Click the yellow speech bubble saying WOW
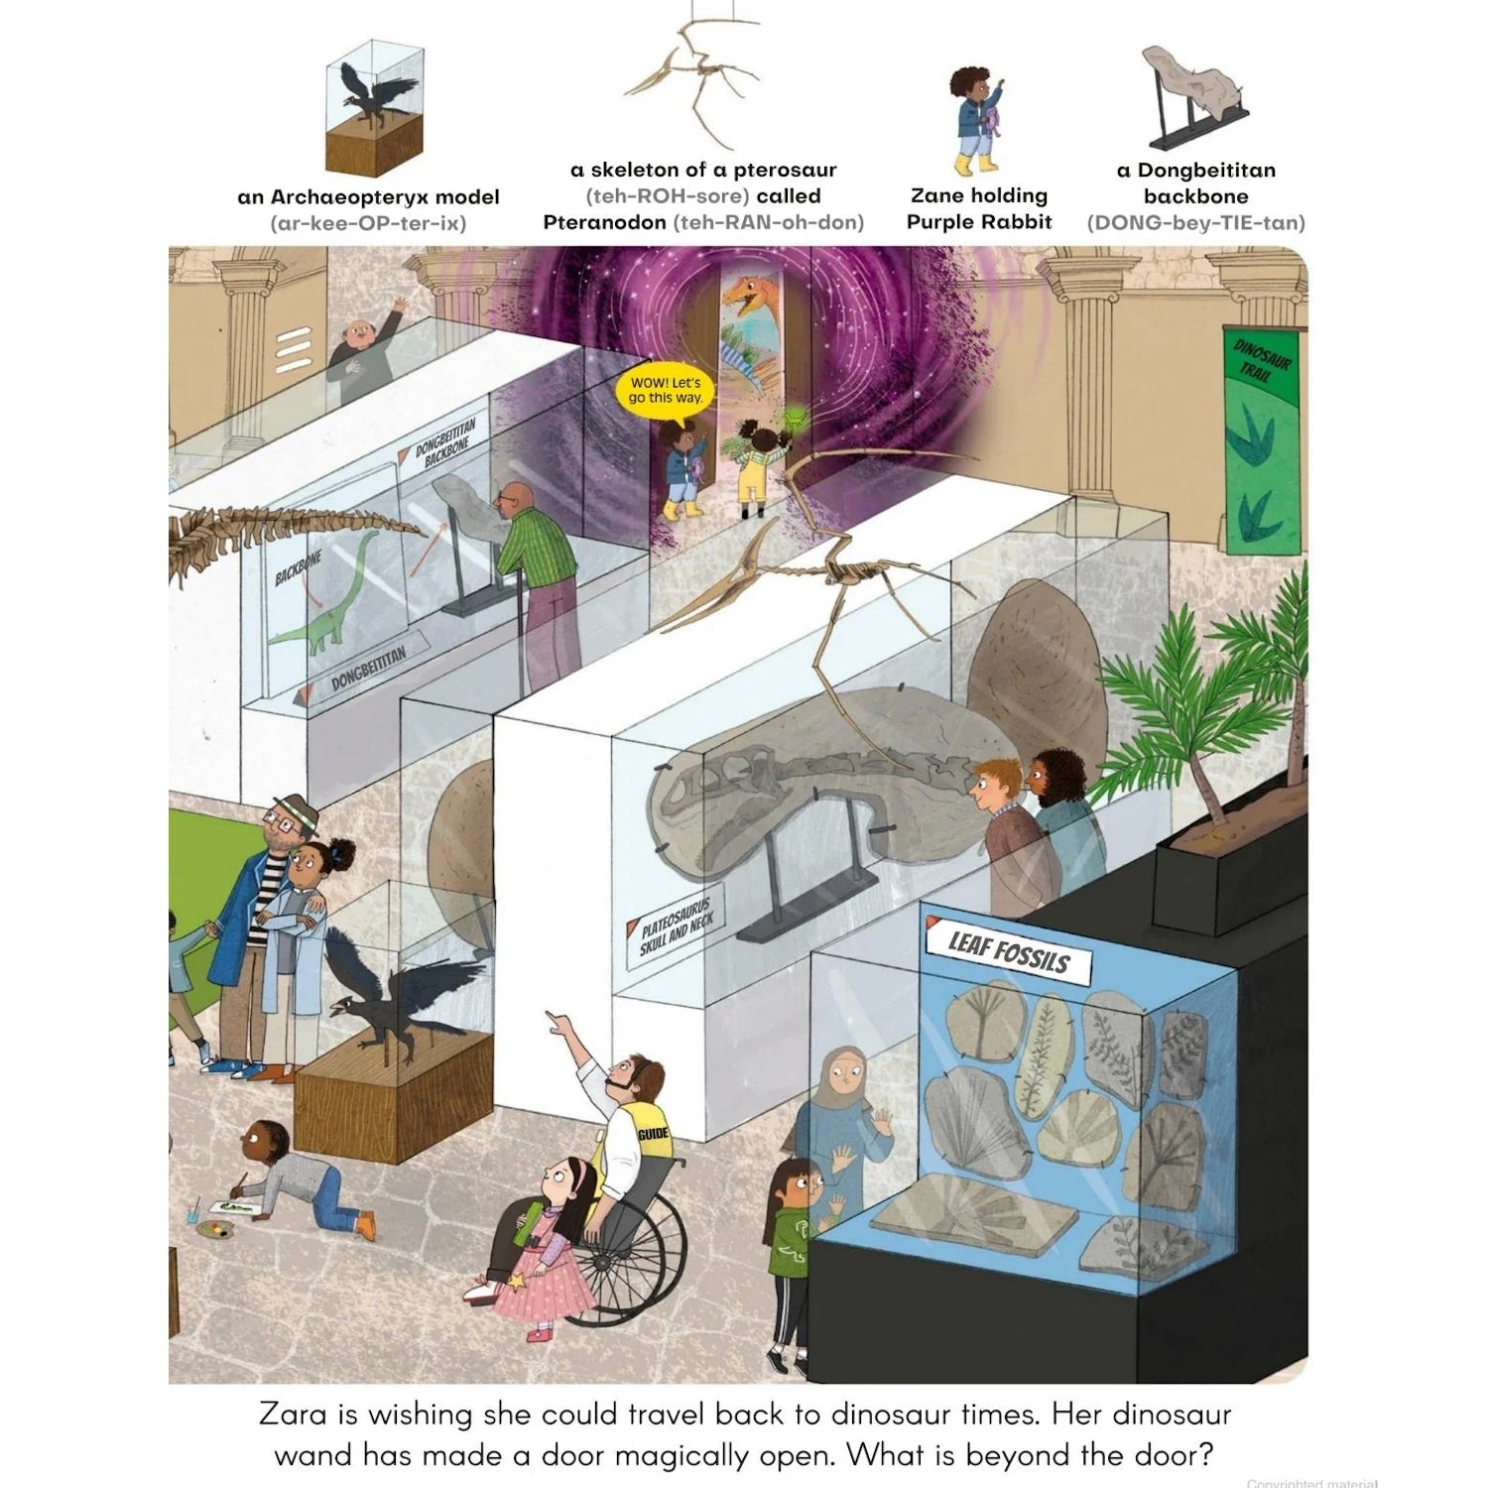666,390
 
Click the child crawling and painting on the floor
298,1180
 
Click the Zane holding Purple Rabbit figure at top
977,120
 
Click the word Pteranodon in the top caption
605,222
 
